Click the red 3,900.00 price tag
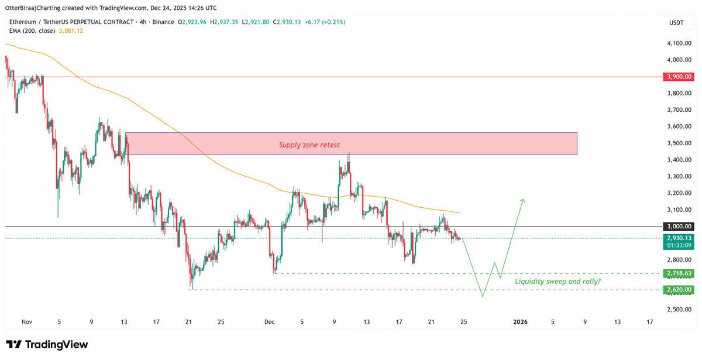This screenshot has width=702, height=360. pos(679,77)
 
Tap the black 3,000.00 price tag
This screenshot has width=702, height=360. pos(679,227)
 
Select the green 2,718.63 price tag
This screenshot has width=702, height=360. pos(679,273)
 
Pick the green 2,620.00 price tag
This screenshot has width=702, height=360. pos(679,290)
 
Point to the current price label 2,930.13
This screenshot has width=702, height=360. pos(679,238)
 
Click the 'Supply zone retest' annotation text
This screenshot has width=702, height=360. pos(309,145)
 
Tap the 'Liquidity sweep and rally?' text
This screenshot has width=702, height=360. pos(558,282)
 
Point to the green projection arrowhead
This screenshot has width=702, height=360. pos(522,201)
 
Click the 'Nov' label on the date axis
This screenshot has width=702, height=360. pos(26,322)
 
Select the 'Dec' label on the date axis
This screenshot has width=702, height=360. pos(270,322)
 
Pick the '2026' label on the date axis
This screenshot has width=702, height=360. pos(520,322)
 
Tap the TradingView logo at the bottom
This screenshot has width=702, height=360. pos(47,345)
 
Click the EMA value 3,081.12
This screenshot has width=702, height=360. pos(71,30)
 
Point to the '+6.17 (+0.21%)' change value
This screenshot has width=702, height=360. pos(324,22)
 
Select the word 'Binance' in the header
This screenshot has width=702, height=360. pos(163,22)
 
